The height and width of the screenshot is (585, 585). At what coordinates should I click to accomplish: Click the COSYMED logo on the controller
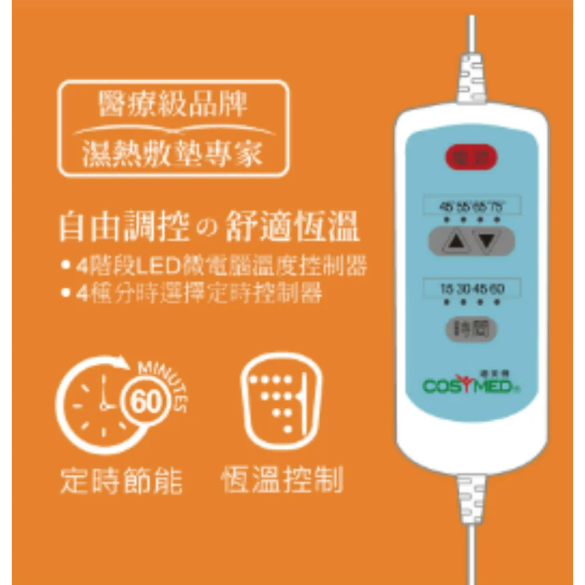[x=468, y=385]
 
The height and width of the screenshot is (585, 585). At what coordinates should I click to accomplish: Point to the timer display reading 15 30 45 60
[x=472, y=288]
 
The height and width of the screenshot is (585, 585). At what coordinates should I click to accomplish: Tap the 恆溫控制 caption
[x=282, y=480]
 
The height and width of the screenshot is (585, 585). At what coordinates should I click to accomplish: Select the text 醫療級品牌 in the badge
[x=173, y=106]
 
